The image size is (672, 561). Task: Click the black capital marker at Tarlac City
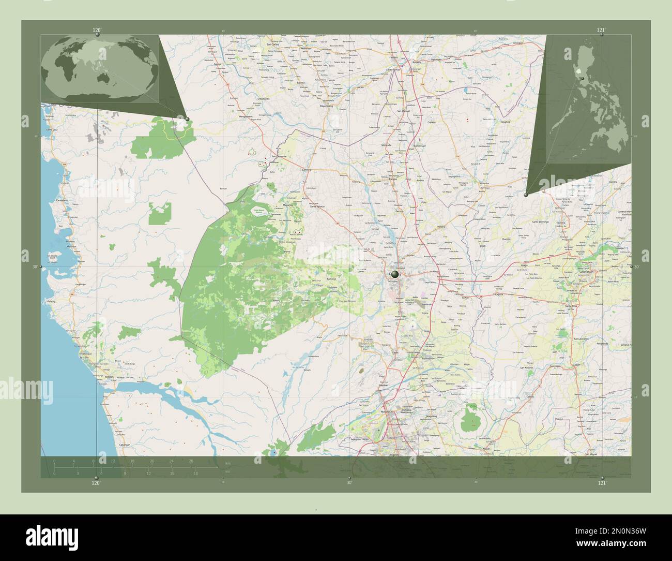coord(395,274)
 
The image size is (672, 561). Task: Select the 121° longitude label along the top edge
coord(601,30)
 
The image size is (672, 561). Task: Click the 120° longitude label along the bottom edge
coord(96,483)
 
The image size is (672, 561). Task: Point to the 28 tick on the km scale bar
coord(191,461)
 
